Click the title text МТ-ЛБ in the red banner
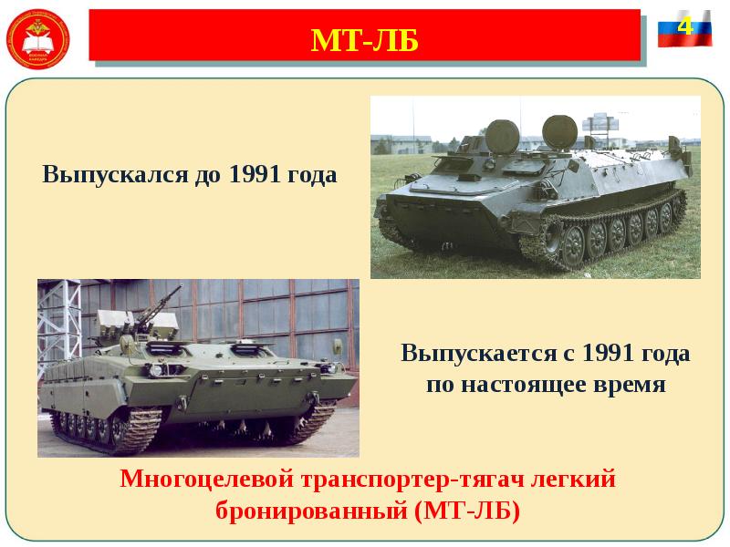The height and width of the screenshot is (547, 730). click(364, 40)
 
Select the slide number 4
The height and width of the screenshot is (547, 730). click(684, 26)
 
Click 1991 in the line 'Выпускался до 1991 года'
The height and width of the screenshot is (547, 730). click(255, 174)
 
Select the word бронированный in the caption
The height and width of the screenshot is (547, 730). click(310, 509)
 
